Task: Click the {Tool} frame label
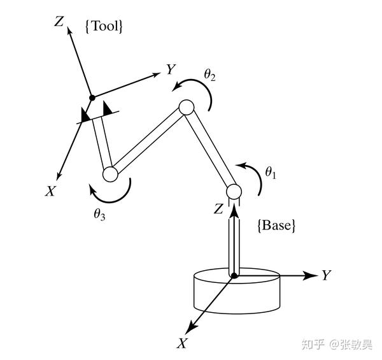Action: (x=103, y=27)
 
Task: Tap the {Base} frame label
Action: (x=276, y=225)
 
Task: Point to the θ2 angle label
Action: (x=209, y=75)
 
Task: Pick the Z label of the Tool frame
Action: (x=59, y=21)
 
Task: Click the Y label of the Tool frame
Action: (x=171, y=69)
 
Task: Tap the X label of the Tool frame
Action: (x=49, y=191)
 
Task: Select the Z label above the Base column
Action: (x=218, y=209)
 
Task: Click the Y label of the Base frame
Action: (x=326, y=275)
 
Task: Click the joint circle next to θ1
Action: (x=234, y=191)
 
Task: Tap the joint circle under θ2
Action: (x=186, y=108)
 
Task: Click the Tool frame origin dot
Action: (x=92, y=97)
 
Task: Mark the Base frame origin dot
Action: (x=234, y=275)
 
